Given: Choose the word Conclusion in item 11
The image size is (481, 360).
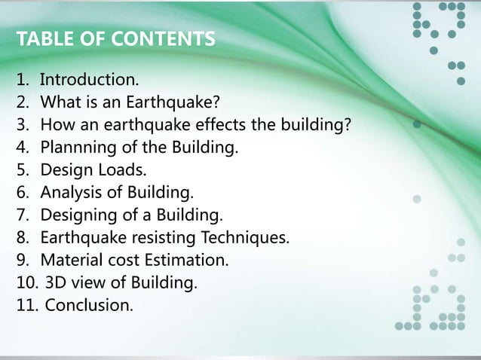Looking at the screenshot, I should pos(87,306).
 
